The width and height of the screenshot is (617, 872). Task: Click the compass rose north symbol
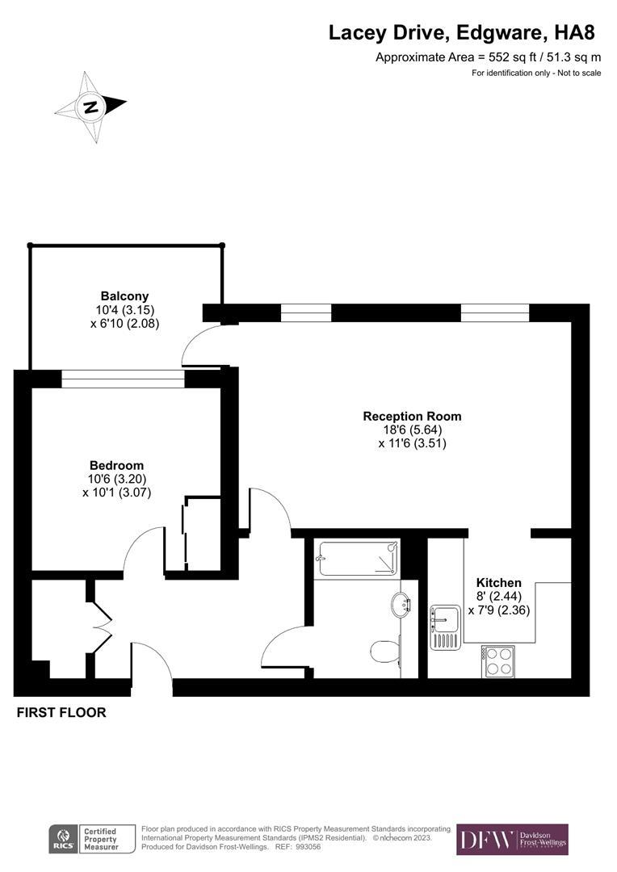pos(91,107)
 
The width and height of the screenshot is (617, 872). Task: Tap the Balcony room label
pos(124,296)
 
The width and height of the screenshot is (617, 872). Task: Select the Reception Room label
pos(412,417)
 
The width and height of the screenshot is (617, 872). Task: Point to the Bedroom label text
pos(116,466)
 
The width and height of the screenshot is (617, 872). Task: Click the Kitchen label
pos(498,583)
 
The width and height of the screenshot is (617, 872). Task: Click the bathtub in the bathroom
pos(358,558)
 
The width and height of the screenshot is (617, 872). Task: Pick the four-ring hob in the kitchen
pos(499,661)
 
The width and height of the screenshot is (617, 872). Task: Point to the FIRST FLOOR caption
pos(61,713)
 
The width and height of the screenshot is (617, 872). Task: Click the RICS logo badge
pos(63,839)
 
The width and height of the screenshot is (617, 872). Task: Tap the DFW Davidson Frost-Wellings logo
pos(512,840)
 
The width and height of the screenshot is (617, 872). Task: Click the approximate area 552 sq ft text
pos(488,57)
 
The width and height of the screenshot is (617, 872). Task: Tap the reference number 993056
pos(310,847)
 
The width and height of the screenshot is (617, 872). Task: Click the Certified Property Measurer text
pos(100,839)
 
